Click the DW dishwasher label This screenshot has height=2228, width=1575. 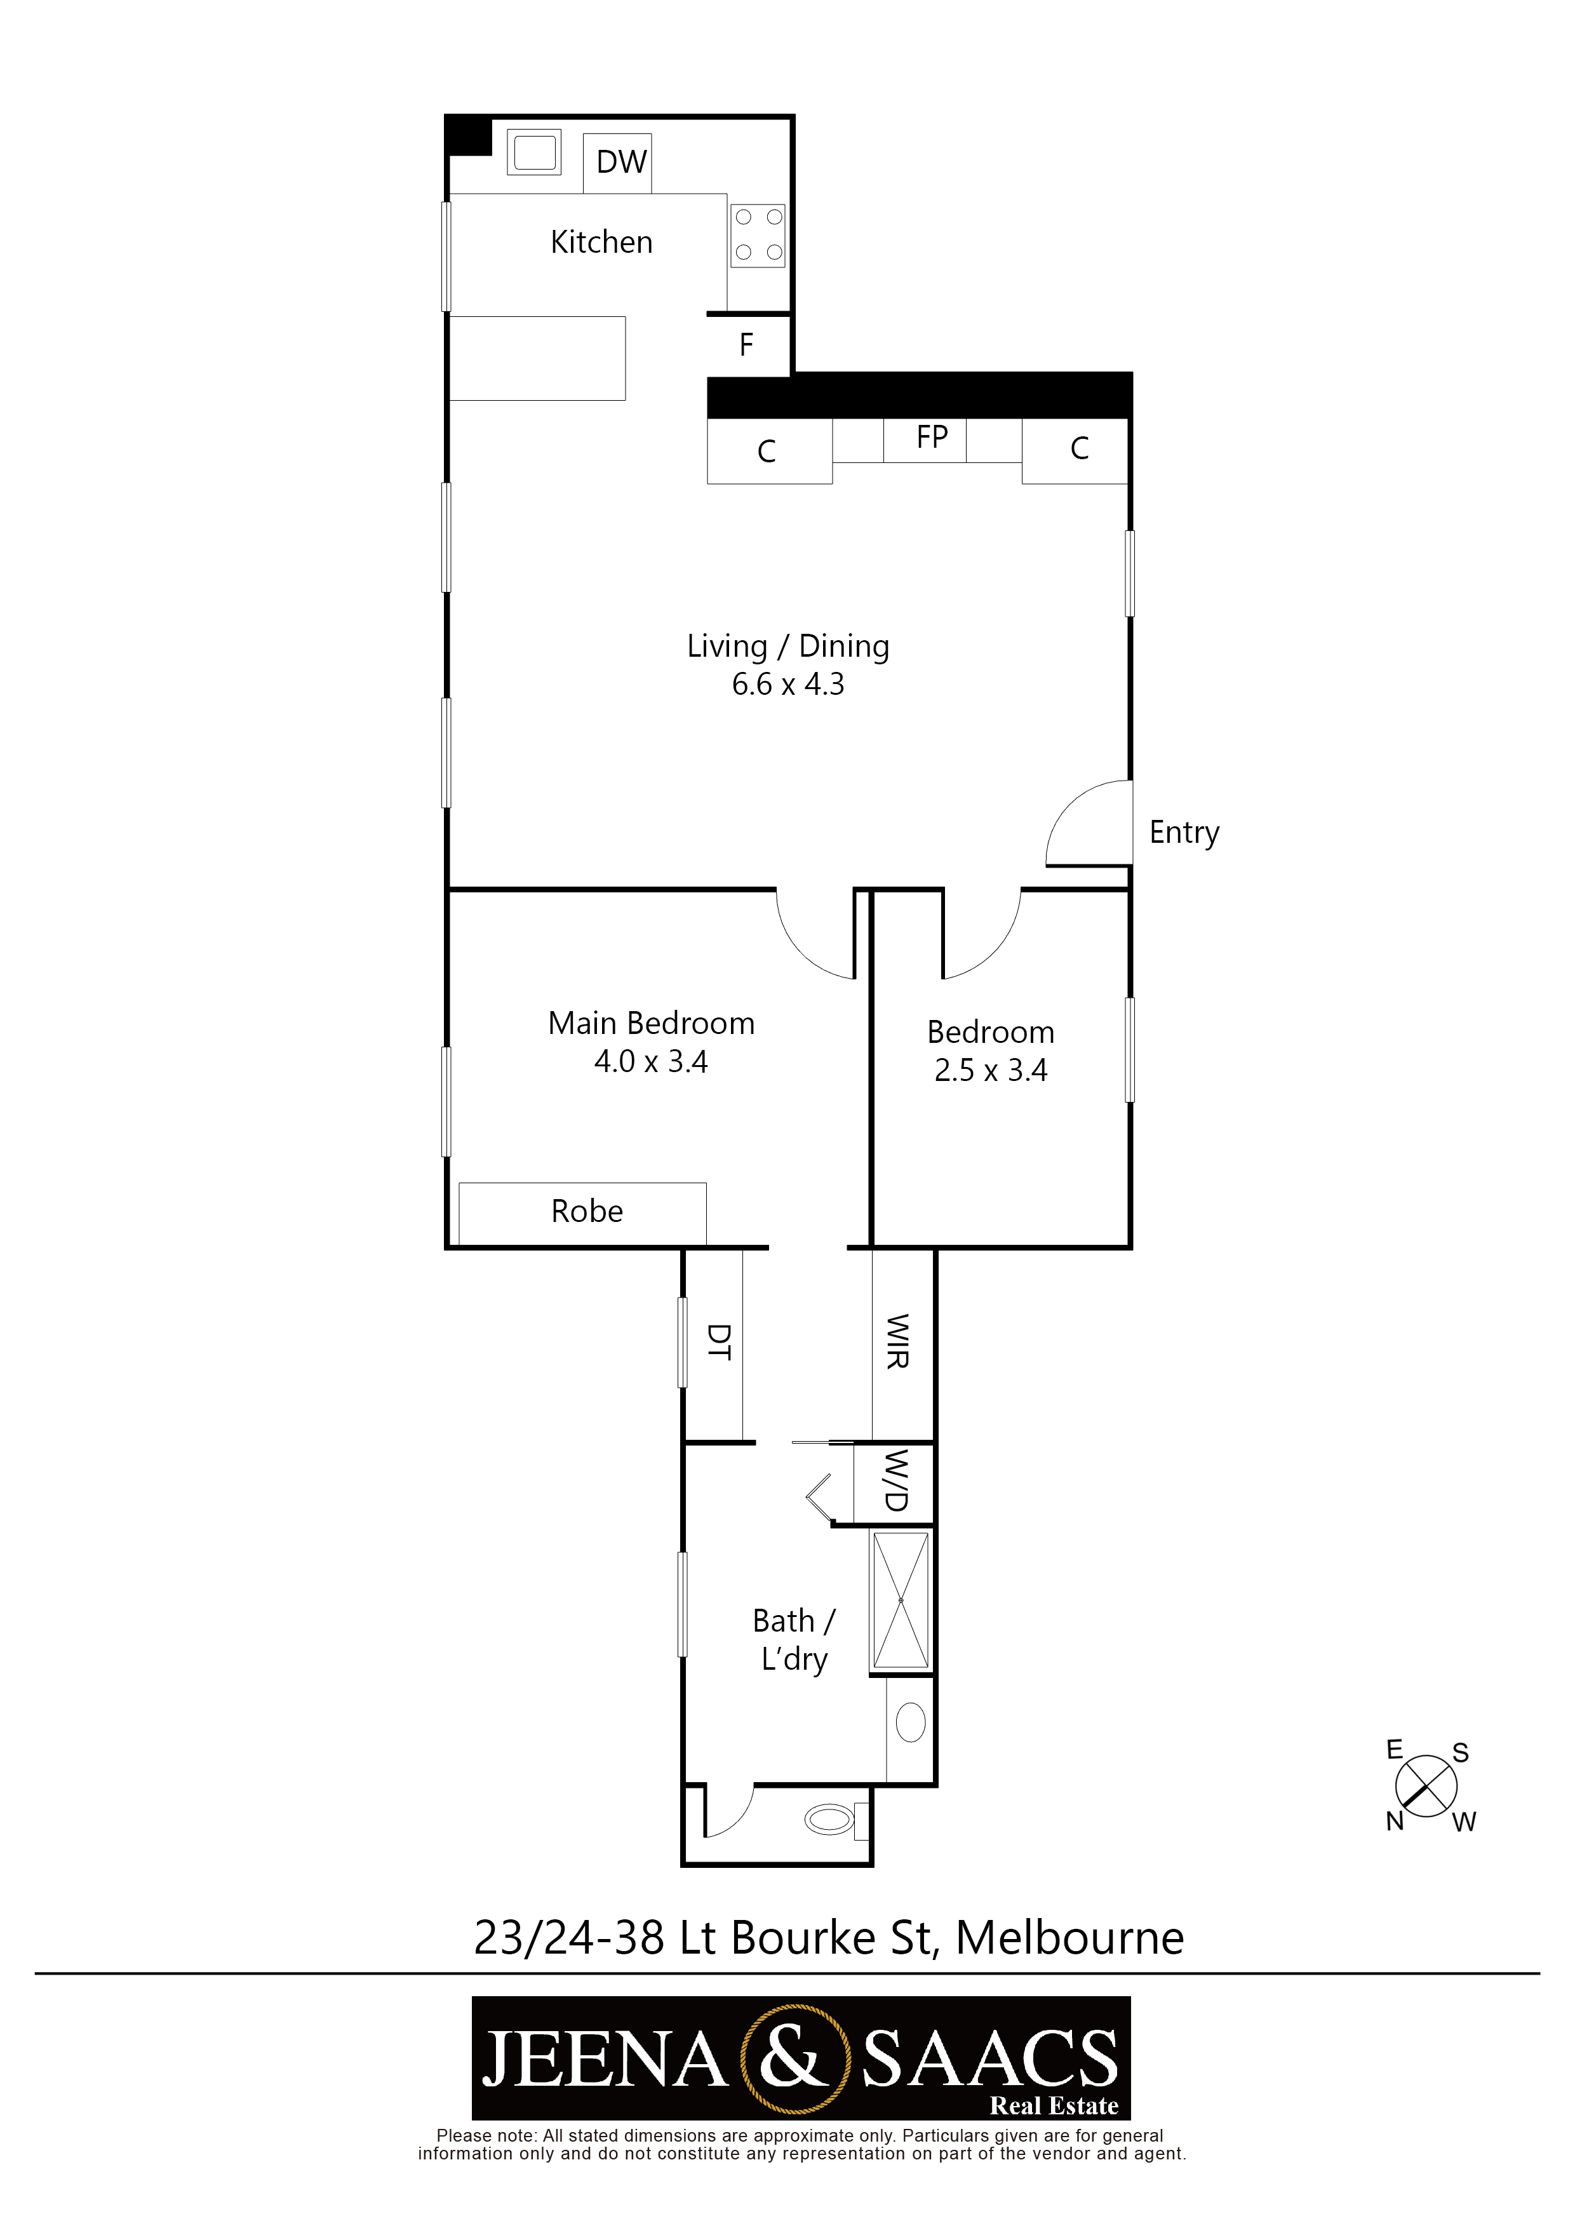click(x=621, y=162)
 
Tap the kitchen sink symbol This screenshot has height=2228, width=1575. click(x=533, y=152)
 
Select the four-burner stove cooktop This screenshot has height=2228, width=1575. click(x=758, y=235)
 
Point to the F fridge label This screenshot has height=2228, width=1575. click(x=746, y=344)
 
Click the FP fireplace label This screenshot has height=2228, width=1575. click(x=932, y=437)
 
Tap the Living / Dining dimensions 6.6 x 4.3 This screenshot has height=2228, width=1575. click(x=788, y=684)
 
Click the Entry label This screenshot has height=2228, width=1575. click(x=1184, y=833)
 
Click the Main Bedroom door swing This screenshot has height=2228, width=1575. click(x=801, y=952)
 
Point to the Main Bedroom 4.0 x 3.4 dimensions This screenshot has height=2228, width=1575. click(x=651, y=1061)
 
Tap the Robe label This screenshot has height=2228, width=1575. click(x=587, y=1211)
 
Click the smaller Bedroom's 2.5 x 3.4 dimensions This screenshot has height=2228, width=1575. click(x=991, y=1070)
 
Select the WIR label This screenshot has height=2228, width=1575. click(x=897, y=1341)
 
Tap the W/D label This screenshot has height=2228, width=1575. click(x=895, y=1481)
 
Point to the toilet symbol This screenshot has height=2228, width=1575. click(x=834, y=1820)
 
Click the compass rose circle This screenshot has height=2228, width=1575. click(x=1426, y=1787)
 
